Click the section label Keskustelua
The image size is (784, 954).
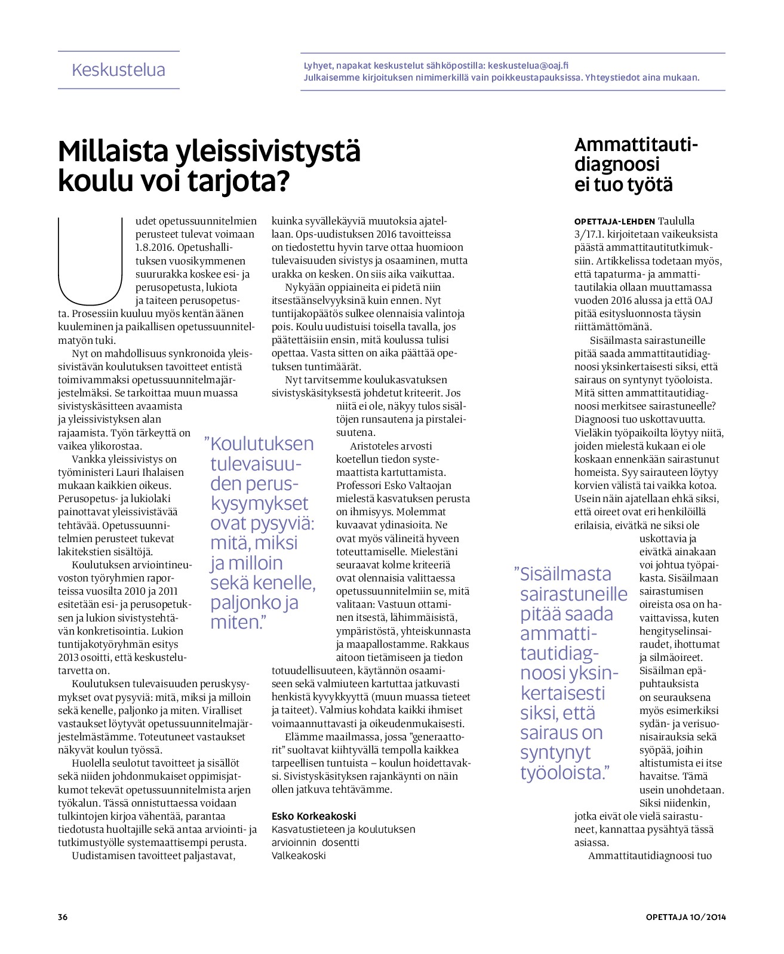118,70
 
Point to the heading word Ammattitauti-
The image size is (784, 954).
636,144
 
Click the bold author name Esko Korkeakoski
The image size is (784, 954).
313,816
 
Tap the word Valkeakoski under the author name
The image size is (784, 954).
299,855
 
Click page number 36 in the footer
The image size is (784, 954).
63,917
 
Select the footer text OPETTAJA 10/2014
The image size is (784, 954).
685,917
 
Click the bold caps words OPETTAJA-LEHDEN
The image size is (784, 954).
614,221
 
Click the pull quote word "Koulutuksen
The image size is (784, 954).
259,444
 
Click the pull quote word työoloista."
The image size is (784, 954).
563,773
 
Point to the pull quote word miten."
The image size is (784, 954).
238,623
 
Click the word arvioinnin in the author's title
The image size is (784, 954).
294,842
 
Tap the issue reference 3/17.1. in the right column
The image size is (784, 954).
595,235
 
